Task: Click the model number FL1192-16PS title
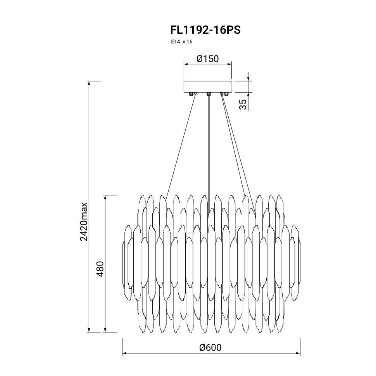click(205, 30)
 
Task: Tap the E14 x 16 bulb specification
click(181, 42)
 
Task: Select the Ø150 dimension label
click(208, 59)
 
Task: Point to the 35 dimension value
click(243, 104)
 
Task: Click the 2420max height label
click(84, 222)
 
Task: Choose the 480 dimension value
click(100, 269)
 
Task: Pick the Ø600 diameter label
click(210, 347)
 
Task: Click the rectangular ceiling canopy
click(208, 87)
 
